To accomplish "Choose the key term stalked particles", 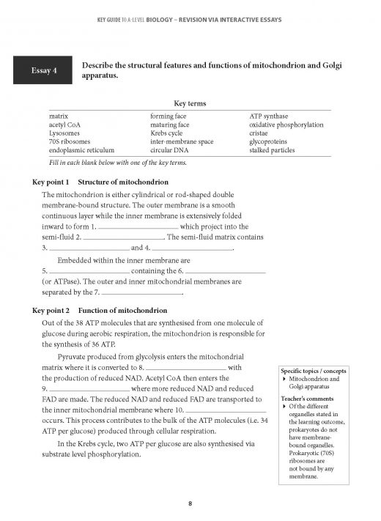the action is [272, 152].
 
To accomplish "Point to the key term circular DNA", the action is [169, 152].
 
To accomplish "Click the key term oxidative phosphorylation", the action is [286, 125].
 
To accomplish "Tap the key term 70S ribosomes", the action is [66, 143].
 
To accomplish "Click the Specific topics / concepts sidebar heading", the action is [314, 371].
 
